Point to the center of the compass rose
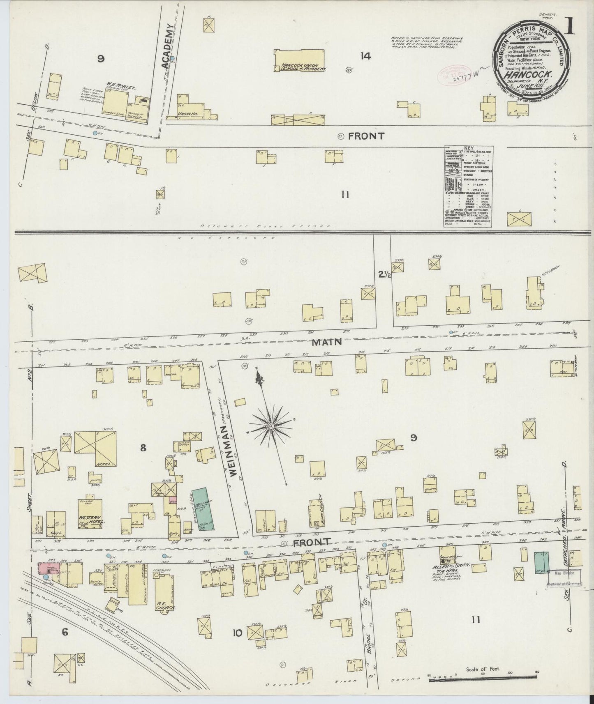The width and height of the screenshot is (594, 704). click(271, 427)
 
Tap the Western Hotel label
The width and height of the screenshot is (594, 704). click(92, 519)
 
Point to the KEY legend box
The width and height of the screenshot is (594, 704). click(468, 186)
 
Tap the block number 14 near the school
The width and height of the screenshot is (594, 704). click(365, 56)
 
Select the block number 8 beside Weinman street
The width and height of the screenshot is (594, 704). click(143, 448)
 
